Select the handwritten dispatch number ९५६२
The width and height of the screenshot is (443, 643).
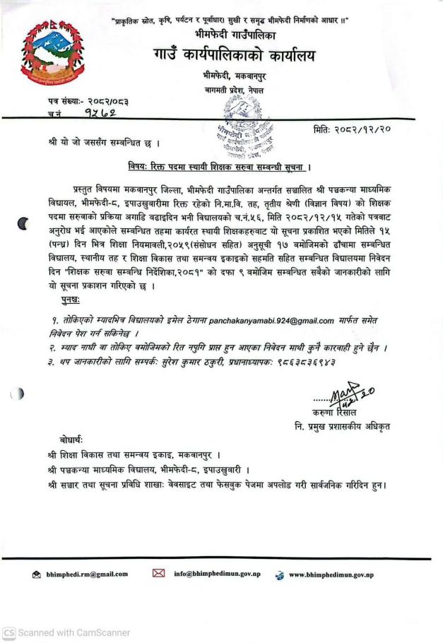[x=99, y=113]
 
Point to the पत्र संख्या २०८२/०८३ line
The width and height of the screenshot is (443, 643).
[x=88, y=101]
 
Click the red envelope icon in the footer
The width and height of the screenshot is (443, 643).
[x=158, y=574]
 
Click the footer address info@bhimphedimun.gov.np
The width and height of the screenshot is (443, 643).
[x=224, y=574]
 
